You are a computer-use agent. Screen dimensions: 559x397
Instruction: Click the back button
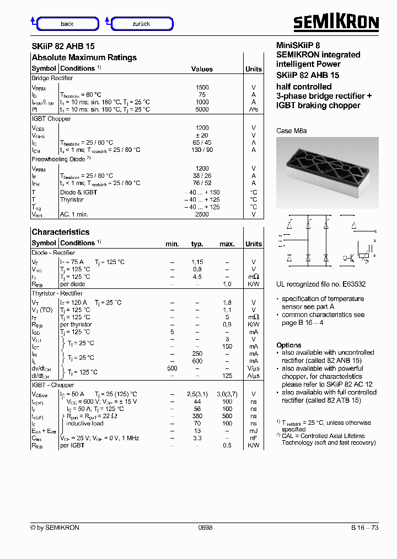[67, 24]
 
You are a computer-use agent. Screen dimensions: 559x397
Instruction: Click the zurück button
[142, 24]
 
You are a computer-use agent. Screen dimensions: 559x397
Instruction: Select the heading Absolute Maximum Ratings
[84, 57]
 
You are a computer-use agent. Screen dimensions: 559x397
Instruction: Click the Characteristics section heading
[60, 232]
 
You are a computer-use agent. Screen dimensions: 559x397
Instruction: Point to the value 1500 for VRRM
[202, 87]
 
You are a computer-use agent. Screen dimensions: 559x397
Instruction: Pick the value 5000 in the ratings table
[202, 109]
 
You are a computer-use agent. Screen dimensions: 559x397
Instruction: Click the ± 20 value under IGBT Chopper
[202, 135]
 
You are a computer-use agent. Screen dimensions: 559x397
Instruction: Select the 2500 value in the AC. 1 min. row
[202, 214]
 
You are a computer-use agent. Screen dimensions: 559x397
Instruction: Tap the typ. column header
[197, 244]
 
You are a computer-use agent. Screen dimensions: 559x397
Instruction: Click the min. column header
[172, 244]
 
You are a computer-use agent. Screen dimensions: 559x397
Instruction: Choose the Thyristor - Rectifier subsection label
[57, 293]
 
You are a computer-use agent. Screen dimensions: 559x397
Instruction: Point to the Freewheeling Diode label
[58, 159]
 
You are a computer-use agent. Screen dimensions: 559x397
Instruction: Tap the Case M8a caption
[291, 131]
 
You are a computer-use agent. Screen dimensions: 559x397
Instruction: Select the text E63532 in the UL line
[353, 284]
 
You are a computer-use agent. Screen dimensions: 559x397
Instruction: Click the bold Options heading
[288, 345]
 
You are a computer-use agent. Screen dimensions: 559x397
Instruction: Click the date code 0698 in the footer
[205, 528]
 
